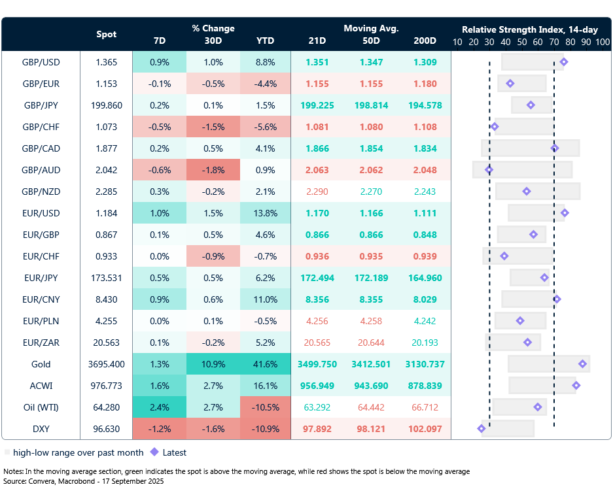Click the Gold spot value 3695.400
107,364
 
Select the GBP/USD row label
41,62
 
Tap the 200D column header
425,41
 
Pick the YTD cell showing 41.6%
266,364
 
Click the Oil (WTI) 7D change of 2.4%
159,407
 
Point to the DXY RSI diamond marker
482,429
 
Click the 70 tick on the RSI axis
553,42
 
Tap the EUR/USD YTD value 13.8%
266,213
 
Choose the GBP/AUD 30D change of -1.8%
213,170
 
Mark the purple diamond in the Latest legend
154,452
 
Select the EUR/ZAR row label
41,343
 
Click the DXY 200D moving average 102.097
425,429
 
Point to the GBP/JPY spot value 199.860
107,105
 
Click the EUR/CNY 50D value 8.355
372,299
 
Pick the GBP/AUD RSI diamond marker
489,170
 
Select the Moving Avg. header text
371,29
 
